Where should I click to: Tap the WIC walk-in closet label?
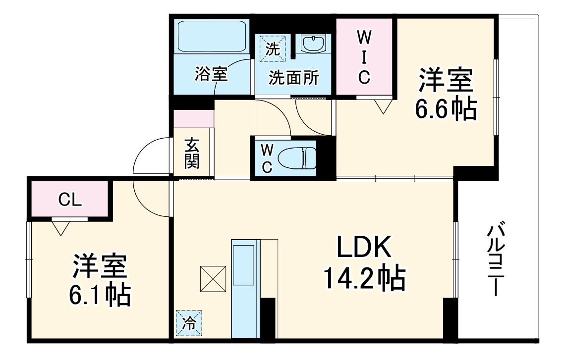coord(364,57)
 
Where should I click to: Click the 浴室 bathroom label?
coord(211,75)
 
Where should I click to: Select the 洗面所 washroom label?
coord(293,78)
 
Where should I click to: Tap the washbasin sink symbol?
coord(313,45)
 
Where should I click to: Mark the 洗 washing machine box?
coord(271,48)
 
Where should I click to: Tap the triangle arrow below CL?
coord(61,227)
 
